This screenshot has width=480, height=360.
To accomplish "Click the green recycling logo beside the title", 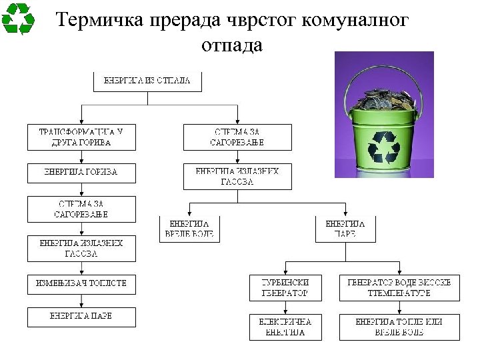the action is click(x=18, y=19).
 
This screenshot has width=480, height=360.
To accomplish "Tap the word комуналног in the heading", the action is click(x=355, y=20).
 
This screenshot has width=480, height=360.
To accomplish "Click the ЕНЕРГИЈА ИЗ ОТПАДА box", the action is click(x=147, y=81).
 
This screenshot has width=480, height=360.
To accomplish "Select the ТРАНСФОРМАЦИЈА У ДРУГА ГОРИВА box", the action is click(x=81, y=137).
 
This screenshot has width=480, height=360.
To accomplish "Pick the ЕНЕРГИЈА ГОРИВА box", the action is click(x=81, y=173).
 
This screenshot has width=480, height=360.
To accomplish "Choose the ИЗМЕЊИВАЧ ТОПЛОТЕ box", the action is click(x=81, y=283).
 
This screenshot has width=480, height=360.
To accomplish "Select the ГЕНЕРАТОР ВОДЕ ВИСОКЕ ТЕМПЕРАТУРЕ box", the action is click(x=399, y=287).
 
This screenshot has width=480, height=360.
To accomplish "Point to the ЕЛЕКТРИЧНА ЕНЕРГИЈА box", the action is click(x=285, y=327).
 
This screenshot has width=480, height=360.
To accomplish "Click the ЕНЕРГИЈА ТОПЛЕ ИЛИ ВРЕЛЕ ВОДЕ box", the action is click(x=399, y=327).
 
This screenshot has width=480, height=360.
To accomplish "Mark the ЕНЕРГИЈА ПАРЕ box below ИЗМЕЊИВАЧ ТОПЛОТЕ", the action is click(x=81, y=317).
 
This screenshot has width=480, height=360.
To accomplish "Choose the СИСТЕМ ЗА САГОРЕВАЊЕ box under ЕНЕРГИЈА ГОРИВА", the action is click(x=81, y=209).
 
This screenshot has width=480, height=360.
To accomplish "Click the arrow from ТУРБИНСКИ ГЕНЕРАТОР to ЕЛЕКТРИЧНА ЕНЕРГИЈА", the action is click(x=285, y=307).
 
